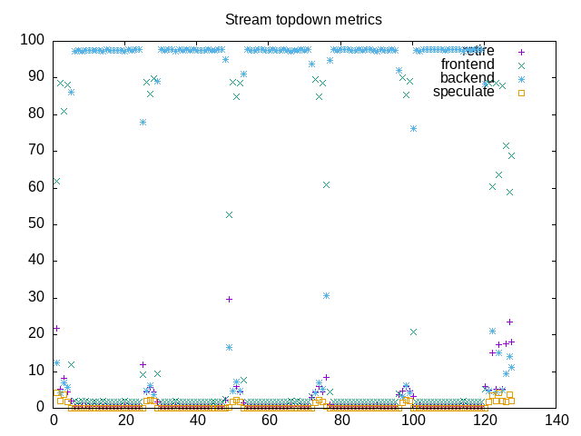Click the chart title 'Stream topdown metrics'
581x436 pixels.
click(x=303, y=19)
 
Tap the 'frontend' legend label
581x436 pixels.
click(x=468, y=64)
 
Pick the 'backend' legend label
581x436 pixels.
click(x=468, y=78)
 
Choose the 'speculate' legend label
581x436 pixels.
click(x=464, y=92)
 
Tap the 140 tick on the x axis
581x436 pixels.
click(x=556, y=420)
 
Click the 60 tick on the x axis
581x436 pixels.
click(x=270, y=420)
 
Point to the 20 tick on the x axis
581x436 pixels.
click(x=125, y=420)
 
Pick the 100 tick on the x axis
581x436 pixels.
click(x=413, y=420)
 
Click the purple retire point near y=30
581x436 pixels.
click(x=230, y=299)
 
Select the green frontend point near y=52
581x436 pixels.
click(x=230, y=214)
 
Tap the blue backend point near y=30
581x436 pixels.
click(x=326, y=295)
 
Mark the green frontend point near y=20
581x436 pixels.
click(x=413, y=332)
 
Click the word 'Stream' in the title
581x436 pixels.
click(x=246, y=19)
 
